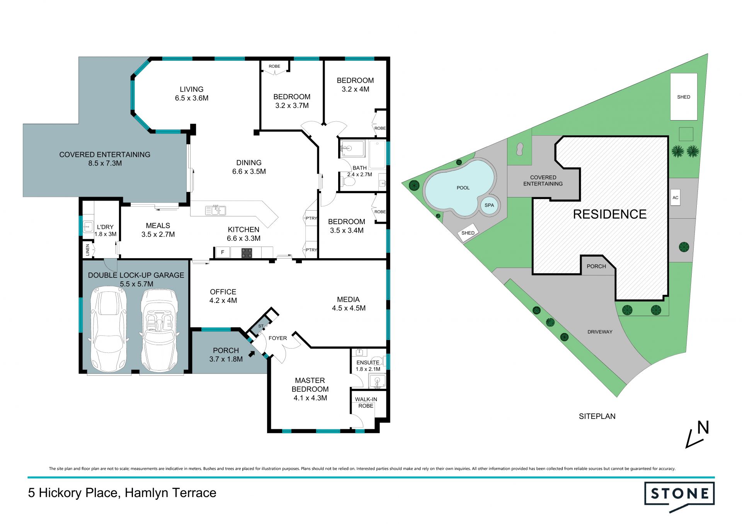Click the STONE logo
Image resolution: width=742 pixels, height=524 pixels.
(x=679, y=496)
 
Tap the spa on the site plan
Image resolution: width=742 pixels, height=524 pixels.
(x=489, y=205)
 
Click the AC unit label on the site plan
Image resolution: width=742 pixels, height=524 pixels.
(x=675, y=197)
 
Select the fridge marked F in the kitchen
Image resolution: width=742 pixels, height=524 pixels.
(x=223, y=252)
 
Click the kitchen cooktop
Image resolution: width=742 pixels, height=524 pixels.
(x=247, y=253)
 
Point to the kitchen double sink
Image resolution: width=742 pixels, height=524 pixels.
(x=216, y=210)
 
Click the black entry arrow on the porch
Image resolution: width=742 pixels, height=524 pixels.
(x=252, y=353)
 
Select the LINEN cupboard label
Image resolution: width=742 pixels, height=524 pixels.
(x=88, y=250)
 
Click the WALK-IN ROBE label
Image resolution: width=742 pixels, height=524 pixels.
(x=366, y=402)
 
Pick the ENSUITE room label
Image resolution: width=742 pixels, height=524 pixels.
(x=368, y=362)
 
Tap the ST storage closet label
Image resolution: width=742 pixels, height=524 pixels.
(x=261, y=326)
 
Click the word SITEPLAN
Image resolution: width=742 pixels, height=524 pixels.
(x=597, y=416)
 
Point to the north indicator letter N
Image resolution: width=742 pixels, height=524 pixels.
(x=703, y=427)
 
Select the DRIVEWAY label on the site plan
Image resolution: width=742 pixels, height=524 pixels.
(x=600, y=332)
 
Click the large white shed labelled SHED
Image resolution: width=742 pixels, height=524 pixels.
(x=684, y=97)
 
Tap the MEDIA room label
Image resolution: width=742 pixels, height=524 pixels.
(x=348, y=299)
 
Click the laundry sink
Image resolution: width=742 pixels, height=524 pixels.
(x=88, y=226)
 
